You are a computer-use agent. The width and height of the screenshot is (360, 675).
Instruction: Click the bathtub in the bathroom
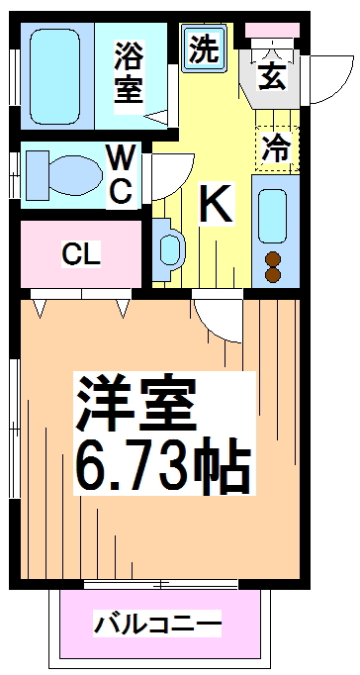[57, 75]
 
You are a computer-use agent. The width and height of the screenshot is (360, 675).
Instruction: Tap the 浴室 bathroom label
[129, 71]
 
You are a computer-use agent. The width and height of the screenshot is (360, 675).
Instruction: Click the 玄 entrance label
[271, 76]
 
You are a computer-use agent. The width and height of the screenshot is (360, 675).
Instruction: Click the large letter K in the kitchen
[217, 204]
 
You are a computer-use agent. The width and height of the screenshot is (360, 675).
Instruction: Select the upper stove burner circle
[274, 260]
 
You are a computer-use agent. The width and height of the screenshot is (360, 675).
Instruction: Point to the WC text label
[121, 173]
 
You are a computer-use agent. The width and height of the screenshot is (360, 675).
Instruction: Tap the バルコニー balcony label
[157, 625]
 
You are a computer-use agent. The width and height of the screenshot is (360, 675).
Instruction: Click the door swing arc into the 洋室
[216, 319]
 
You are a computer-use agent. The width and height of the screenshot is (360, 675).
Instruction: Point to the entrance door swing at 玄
[318, 79]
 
